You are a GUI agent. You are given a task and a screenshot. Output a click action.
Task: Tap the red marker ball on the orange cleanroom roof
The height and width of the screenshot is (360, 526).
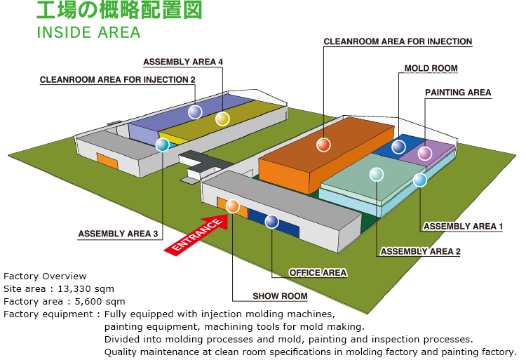323,145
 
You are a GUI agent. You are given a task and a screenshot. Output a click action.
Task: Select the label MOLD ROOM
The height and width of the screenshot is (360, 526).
431,69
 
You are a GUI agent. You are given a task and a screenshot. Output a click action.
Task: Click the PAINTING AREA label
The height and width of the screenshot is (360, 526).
458,93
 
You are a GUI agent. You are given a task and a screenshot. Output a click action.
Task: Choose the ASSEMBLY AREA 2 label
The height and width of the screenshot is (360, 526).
420,251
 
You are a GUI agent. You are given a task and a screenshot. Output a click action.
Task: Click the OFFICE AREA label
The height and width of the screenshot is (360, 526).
318,272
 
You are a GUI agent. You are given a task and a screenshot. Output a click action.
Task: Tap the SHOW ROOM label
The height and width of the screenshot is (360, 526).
280,296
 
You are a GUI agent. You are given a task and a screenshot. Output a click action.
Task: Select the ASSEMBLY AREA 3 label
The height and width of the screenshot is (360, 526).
118,234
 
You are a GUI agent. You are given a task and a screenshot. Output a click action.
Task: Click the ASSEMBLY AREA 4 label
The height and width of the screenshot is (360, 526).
183,62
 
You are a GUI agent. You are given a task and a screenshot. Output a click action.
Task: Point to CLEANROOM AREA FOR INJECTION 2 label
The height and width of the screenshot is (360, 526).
118,79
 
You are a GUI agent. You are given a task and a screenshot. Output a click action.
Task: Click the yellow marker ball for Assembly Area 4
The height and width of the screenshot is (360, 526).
222,119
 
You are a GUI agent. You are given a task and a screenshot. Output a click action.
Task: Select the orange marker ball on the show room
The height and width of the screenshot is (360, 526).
233,206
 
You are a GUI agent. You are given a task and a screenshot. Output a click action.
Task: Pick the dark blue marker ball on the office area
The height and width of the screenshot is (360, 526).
271,222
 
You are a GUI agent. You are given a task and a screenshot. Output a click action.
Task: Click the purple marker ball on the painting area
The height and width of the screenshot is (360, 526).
425,153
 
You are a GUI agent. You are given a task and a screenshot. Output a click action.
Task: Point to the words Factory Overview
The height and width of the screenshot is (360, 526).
45,276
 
